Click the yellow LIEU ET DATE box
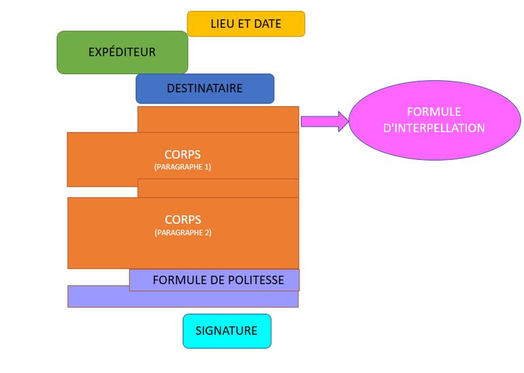(246, 24)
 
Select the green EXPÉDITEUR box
(122, 52)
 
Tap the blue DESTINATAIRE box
(204, 88)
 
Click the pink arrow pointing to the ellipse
(324, 121)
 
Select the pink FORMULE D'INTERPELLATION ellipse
(434, 120)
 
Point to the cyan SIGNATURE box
(227, 331)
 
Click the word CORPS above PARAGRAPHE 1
(182, 154)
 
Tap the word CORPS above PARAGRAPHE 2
(182, 220)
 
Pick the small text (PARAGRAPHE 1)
(182, 167)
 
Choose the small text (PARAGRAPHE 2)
(182, 233)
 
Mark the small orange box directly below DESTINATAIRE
(218, 119)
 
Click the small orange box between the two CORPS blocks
(218, 188)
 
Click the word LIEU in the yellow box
(222, 24)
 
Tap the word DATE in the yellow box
(267, 24)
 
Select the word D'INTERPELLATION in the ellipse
(434, 128)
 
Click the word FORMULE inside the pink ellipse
(434, 112)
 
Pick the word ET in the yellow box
(243, 24)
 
